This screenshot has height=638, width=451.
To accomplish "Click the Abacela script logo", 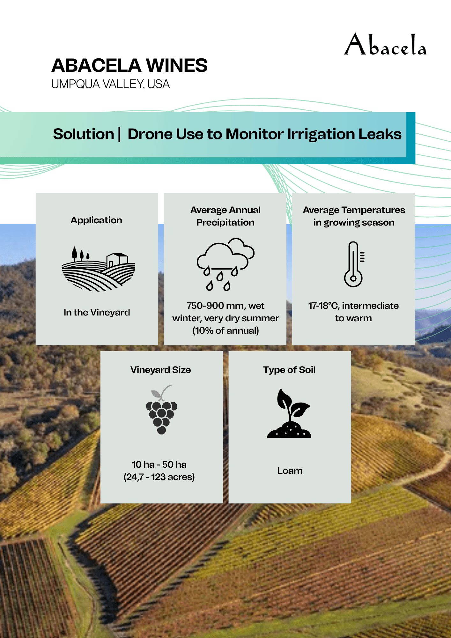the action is click(x=385, y=44).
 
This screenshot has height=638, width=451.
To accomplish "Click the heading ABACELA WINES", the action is click(x=129, y=65).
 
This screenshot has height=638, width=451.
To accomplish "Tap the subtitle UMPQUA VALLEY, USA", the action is click(x=110, y=84).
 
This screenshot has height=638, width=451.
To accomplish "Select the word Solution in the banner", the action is click(x=84, y=134).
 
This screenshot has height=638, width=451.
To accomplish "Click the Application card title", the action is click(x=96, y=220).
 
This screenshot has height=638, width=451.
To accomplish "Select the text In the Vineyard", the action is click(x=97, y=312).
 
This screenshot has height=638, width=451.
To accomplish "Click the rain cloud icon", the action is click(x=226, y=264).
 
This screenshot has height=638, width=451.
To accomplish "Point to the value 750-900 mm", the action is click(x=213, y=306).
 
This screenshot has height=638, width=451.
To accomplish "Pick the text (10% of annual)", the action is click(x=226, y=330).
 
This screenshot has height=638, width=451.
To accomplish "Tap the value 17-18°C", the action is click(x=323, y=306).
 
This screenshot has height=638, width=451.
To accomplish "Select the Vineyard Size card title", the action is click(x=161, y=370).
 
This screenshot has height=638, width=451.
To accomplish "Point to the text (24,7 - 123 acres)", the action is click(x=159, y=477).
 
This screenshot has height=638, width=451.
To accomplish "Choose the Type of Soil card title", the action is click(x=289, y=370).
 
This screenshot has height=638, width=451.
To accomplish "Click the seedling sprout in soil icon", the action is click(x=289, y=413).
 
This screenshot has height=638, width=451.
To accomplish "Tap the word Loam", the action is click(x=290, y=471).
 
